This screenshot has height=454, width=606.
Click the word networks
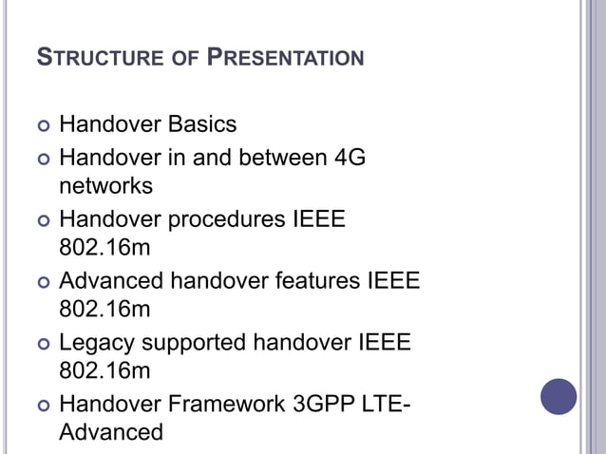point(105,186)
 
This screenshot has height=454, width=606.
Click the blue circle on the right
point(559,397)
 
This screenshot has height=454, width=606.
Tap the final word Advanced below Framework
point(111,432)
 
